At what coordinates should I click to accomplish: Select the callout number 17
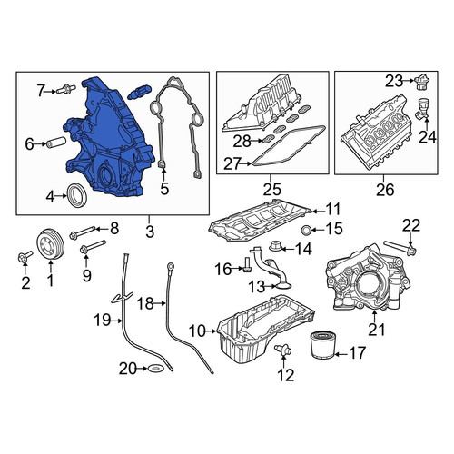[x=358, y=353]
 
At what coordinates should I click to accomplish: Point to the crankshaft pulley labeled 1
[x=50, y=244]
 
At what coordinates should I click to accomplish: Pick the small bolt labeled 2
[x=25, y=257]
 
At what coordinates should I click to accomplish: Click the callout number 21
[x=376, y=330]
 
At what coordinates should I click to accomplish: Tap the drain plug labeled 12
[x=283, y=350]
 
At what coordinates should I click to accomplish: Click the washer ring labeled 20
[x=156, y=369]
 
